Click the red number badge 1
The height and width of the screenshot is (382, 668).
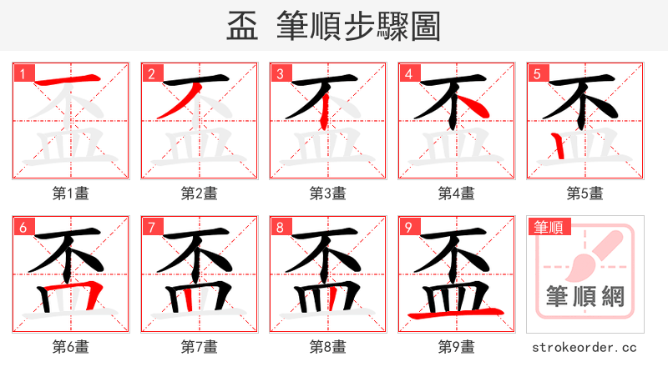(x=23, y=73)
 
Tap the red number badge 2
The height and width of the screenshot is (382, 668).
(x=151, y=73)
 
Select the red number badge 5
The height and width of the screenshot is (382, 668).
(x=537, y=73)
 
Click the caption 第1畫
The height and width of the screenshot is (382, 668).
(x=70, y=194)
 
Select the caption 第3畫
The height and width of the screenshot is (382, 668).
(x=327, y=194)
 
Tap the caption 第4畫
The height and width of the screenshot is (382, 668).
(x=456, y=194)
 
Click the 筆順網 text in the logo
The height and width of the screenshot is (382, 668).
(x=584, y=296)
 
